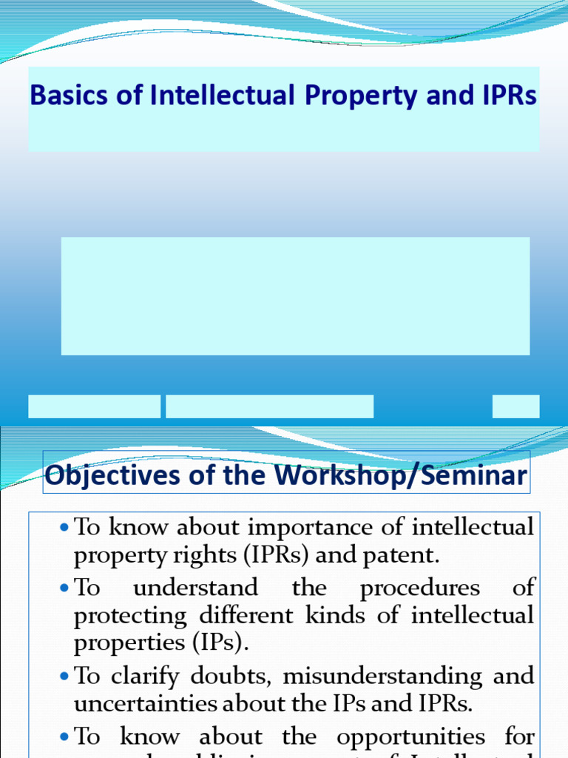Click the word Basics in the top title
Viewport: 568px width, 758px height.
[x=59, y=96]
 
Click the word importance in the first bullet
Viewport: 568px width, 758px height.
[x=300, y=528]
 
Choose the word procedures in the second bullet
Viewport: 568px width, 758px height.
[x=420, y=588]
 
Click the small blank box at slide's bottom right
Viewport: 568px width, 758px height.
[x=515, y=406]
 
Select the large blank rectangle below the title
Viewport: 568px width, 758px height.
[x=295, y=296]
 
